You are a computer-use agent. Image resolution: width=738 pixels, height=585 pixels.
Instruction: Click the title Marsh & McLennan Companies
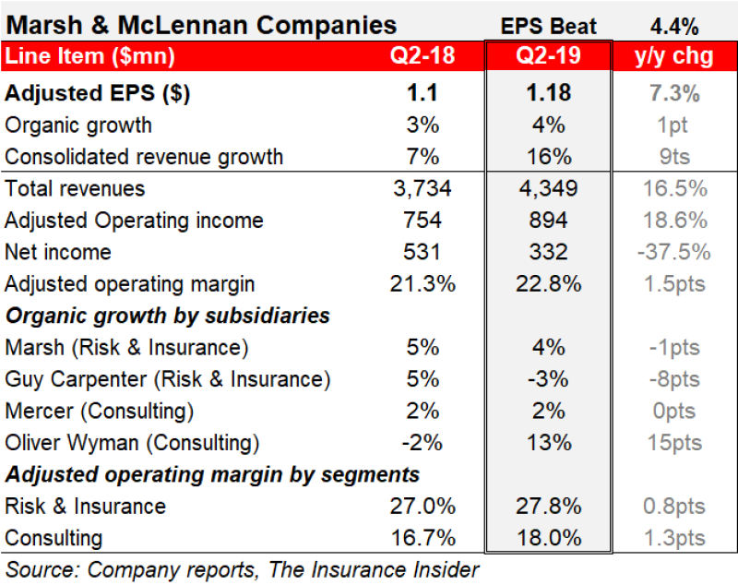pyautogui.click(x=201, y=24)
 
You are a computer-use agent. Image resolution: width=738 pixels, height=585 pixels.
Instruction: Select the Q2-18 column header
pyautogui.click(x=422, y=55)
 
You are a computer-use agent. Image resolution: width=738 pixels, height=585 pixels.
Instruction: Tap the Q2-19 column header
pyautogui.click(x=548, y=55)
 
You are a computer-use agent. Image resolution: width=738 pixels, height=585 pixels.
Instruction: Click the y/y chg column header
pyautogui.click(x=674, y=55)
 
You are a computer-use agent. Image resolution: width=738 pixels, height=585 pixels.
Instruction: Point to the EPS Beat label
pyautogui.click(x=548, y=25)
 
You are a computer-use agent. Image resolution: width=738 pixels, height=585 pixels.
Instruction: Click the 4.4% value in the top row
pyautogui.click(x=674, y=25)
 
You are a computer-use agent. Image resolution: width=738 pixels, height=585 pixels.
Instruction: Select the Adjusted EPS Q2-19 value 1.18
pyautogui.click(x=548, y=92)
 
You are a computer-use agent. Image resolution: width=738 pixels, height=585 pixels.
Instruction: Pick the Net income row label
pyautogui.click(x=57, y=252)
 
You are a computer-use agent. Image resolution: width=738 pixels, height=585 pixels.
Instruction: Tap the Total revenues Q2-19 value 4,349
pyautogui.click(x=548, y=189)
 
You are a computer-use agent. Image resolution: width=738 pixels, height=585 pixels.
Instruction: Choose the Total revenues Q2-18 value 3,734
pyautogui.click(x=422, y=189)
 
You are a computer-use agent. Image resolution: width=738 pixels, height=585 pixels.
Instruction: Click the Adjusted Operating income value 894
pyautogui.click(x=548, y=221)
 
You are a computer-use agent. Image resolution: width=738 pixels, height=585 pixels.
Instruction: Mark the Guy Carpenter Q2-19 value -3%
pyautogui.click(x=548, y=379)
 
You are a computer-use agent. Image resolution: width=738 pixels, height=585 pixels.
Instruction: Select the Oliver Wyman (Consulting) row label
pyautogui.click(x=132, y=443)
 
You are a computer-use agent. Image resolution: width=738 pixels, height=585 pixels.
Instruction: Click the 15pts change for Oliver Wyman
pyautogui.click(x=674, y=443)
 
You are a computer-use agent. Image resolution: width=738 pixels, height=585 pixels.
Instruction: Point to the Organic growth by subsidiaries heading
pyautogui.click(x=168, y=316)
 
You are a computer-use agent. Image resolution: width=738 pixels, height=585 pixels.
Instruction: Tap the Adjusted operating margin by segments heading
pyautogui.click(x=212, y=474)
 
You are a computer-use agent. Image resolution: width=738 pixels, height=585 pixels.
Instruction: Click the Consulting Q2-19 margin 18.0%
pyautogui.click(x=548, y=538)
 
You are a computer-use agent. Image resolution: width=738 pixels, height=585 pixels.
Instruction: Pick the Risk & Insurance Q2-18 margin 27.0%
pyautogui.click(x=422, y=507)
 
